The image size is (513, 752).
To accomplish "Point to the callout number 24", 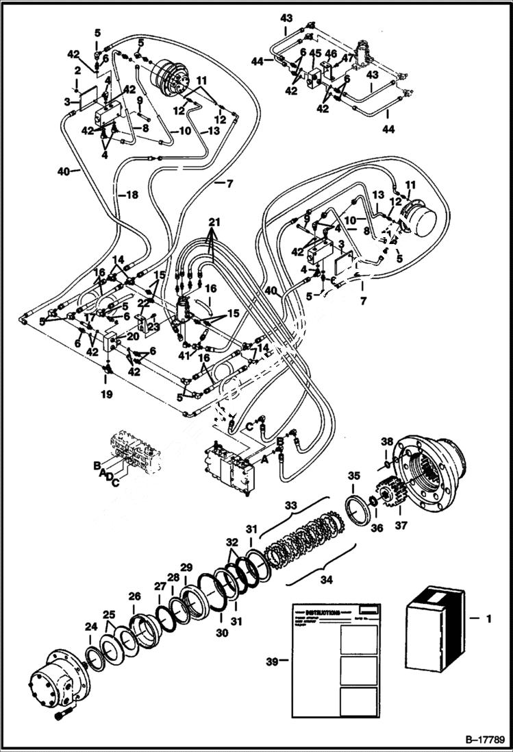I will tap(91, 626).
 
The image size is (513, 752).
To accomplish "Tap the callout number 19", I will tap(107, 396).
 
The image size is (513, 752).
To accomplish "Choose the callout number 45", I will tap(314, 52).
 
